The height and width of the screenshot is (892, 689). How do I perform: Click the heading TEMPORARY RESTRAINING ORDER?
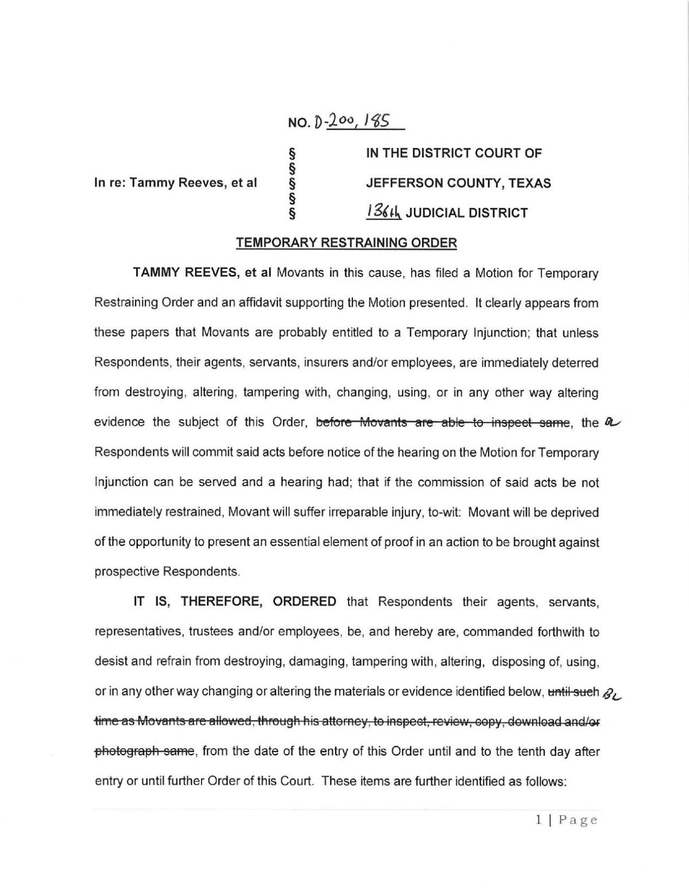347,243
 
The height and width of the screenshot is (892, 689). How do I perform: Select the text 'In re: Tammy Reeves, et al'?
175,183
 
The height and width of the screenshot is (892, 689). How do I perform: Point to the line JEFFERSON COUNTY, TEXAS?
459,183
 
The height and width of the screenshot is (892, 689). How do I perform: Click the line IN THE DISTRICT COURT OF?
454,153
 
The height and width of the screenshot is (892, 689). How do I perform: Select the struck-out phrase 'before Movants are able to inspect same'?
443,422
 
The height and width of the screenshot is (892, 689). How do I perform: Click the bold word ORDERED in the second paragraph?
304,602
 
